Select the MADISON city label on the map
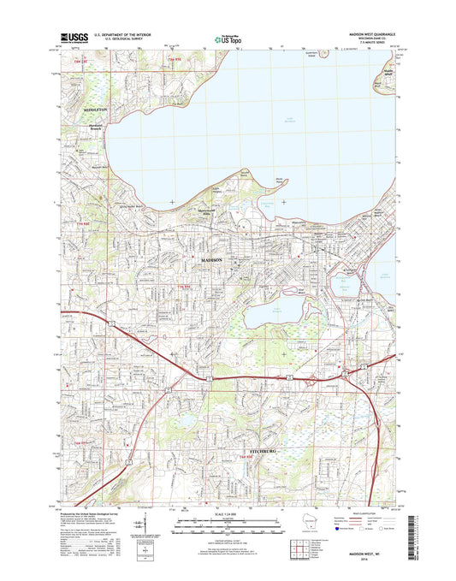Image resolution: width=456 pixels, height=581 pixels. click(x=211, y=258)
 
